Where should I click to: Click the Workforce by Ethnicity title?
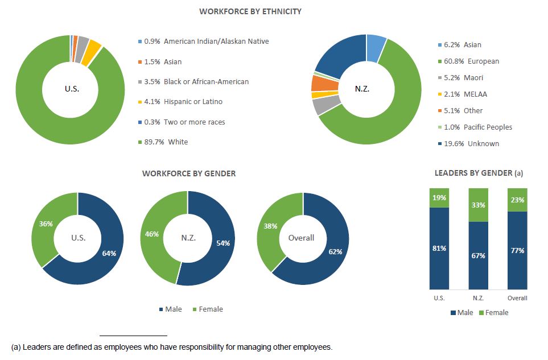pyautogui.click(x=250, y=11)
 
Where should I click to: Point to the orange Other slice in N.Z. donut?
pyautogui.click(x=318, y=83)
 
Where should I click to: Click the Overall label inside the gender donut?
pyautogui.click(x=301, y=238)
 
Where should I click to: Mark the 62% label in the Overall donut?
pyautogui.click(x=335, y=251)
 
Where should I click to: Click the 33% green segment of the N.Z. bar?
pyautogui.click(x=478, y=205)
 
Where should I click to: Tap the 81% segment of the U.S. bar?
pyautogui.click(x=439, y=248)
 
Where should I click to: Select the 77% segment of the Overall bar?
pyautogui.click(x=517, y=250)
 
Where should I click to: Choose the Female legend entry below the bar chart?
pyautogui.click(x=493, y=313)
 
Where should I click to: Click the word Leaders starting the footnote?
pyautogui.click(x=35, y=347)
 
